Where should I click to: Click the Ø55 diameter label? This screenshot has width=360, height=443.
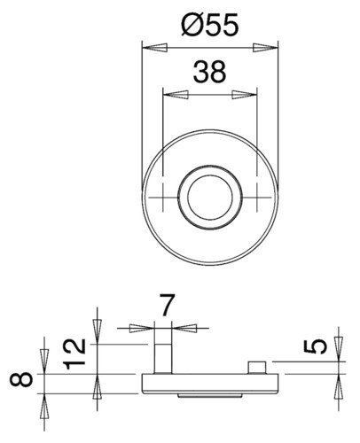coord(209,26)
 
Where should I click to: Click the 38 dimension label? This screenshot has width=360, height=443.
coord(209,72)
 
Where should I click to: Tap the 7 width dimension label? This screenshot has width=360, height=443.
coord(168,305)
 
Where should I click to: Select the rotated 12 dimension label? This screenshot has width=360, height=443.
coord(75,354)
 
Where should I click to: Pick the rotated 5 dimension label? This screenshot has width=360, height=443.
coord(316,346)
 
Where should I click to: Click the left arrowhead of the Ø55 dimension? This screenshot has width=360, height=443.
coord(154,48)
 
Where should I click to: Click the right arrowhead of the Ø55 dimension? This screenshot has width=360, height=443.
coord(265,48)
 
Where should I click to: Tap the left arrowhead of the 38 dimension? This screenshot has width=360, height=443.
coord(176,95)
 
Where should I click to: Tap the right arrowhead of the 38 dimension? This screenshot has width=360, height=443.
coord(245,95)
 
